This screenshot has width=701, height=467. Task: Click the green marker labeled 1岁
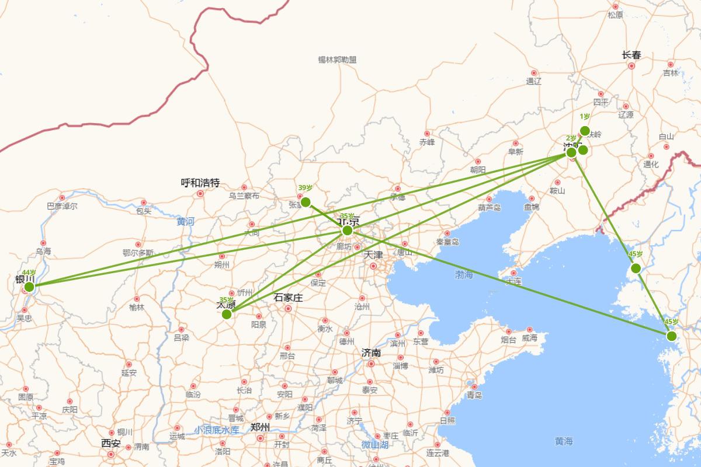click(585, 131)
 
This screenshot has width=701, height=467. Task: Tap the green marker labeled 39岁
click(306, 202)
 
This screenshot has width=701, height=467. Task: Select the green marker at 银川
click(29, 287)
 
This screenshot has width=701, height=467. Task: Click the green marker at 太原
click(227, 314)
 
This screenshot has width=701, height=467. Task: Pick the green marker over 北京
click(348, 230)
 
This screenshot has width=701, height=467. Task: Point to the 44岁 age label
click(29, 273)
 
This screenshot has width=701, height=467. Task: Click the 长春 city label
click(631, 55)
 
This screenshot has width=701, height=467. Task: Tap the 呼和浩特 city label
click(200, 183)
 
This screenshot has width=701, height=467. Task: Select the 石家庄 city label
click(289, 298)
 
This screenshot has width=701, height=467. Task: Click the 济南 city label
click(372, 353)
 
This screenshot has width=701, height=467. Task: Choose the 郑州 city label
click(260, 427)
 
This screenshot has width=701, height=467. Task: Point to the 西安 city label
click(111, 444)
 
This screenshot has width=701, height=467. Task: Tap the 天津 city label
click(373, 255)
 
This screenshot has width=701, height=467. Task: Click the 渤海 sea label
click(464, 274)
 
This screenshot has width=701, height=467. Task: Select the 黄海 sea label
click(564, 441)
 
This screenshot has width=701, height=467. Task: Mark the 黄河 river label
click(186, 222)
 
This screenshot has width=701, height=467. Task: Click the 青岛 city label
click(474, 395)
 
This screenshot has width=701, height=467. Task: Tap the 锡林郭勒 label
click(337, 60)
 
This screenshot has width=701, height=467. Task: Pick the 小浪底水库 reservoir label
click(217, 430)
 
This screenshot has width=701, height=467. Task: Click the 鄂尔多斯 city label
click(138, 253)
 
